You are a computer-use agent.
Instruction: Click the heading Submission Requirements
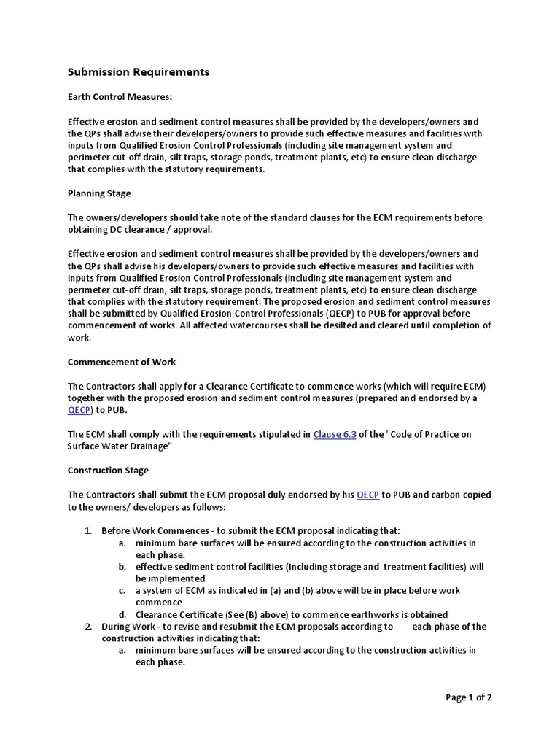point(139,72)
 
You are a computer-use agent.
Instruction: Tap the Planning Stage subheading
point(99,193)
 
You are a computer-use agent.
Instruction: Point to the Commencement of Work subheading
point(122,362)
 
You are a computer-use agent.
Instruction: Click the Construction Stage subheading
point(108,471)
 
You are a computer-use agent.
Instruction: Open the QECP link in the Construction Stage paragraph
point(367,495)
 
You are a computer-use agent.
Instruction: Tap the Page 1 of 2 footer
point(469,697)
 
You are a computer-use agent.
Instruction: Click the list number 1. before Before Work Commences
point(87,531)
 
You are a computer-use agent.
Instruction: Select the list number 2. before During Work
point(87,627)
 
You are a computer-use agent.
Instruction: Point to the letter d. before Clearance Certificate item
point(122,614)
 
